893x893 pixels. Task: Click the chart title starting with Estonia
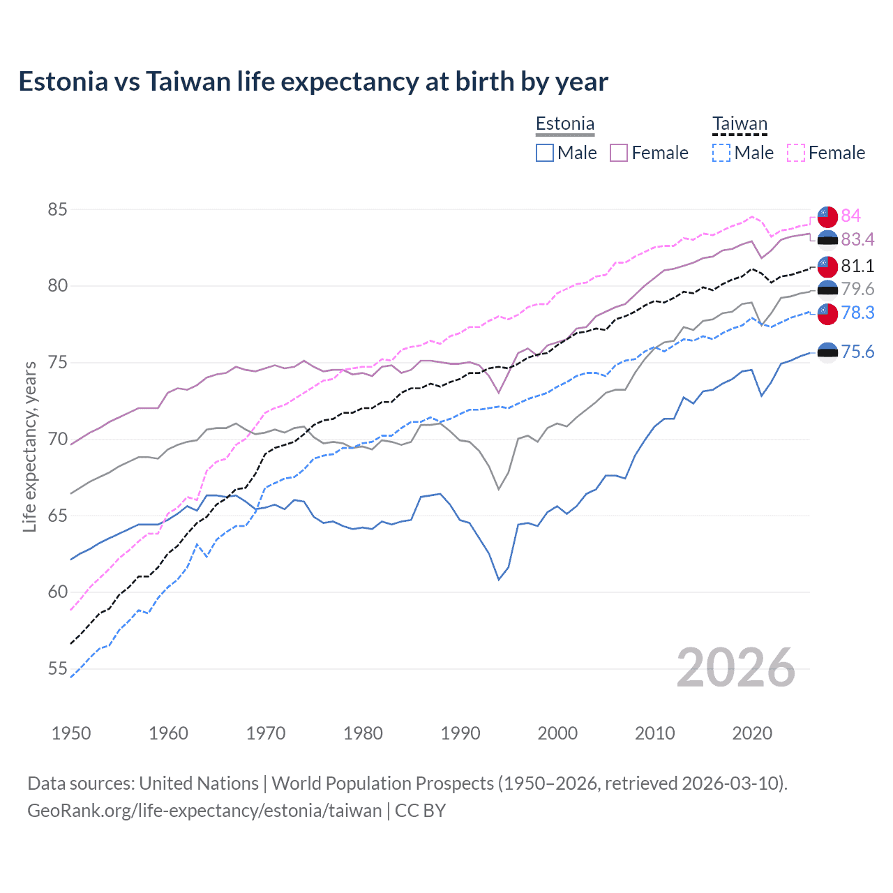pos(313,82)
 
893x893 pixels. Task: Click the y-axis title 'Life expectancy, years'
pos(29,446)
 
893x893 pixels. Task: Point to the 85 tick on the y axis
pos(58,209)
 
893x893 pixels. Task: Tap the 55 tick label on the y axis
pos(58,668)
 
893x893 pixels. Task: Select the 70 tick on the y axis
pos(58,439)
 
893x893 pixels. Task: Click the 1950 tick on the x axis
pos(71,733)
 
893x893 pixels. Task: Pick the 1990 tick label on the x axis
pos(460,733)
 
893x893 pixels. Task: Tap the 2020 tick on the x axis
pos(752,733)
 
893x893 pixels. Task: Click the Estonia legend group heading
pos(565,124)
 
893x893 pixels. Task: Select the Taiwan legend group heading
pos(740,124)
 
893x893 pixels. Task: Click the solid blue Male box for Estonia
pos(545,153)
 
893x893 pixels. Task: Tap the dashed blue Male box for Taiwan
pos(721,153)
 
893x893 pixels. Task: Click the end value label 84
pos(850,216)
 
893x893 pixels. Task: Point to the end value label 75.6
pos(857,352)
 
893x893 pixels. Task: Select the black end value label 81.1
pos(857,266)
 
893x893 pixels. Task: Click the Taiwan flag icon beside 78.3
pos(827,313)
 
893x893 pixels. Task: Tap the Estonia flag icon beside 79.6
pos(827,290)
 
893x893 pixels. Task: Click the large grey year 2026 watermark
pos(735,668)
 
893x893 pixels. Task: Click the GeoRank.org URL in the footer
pos(204,811)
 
